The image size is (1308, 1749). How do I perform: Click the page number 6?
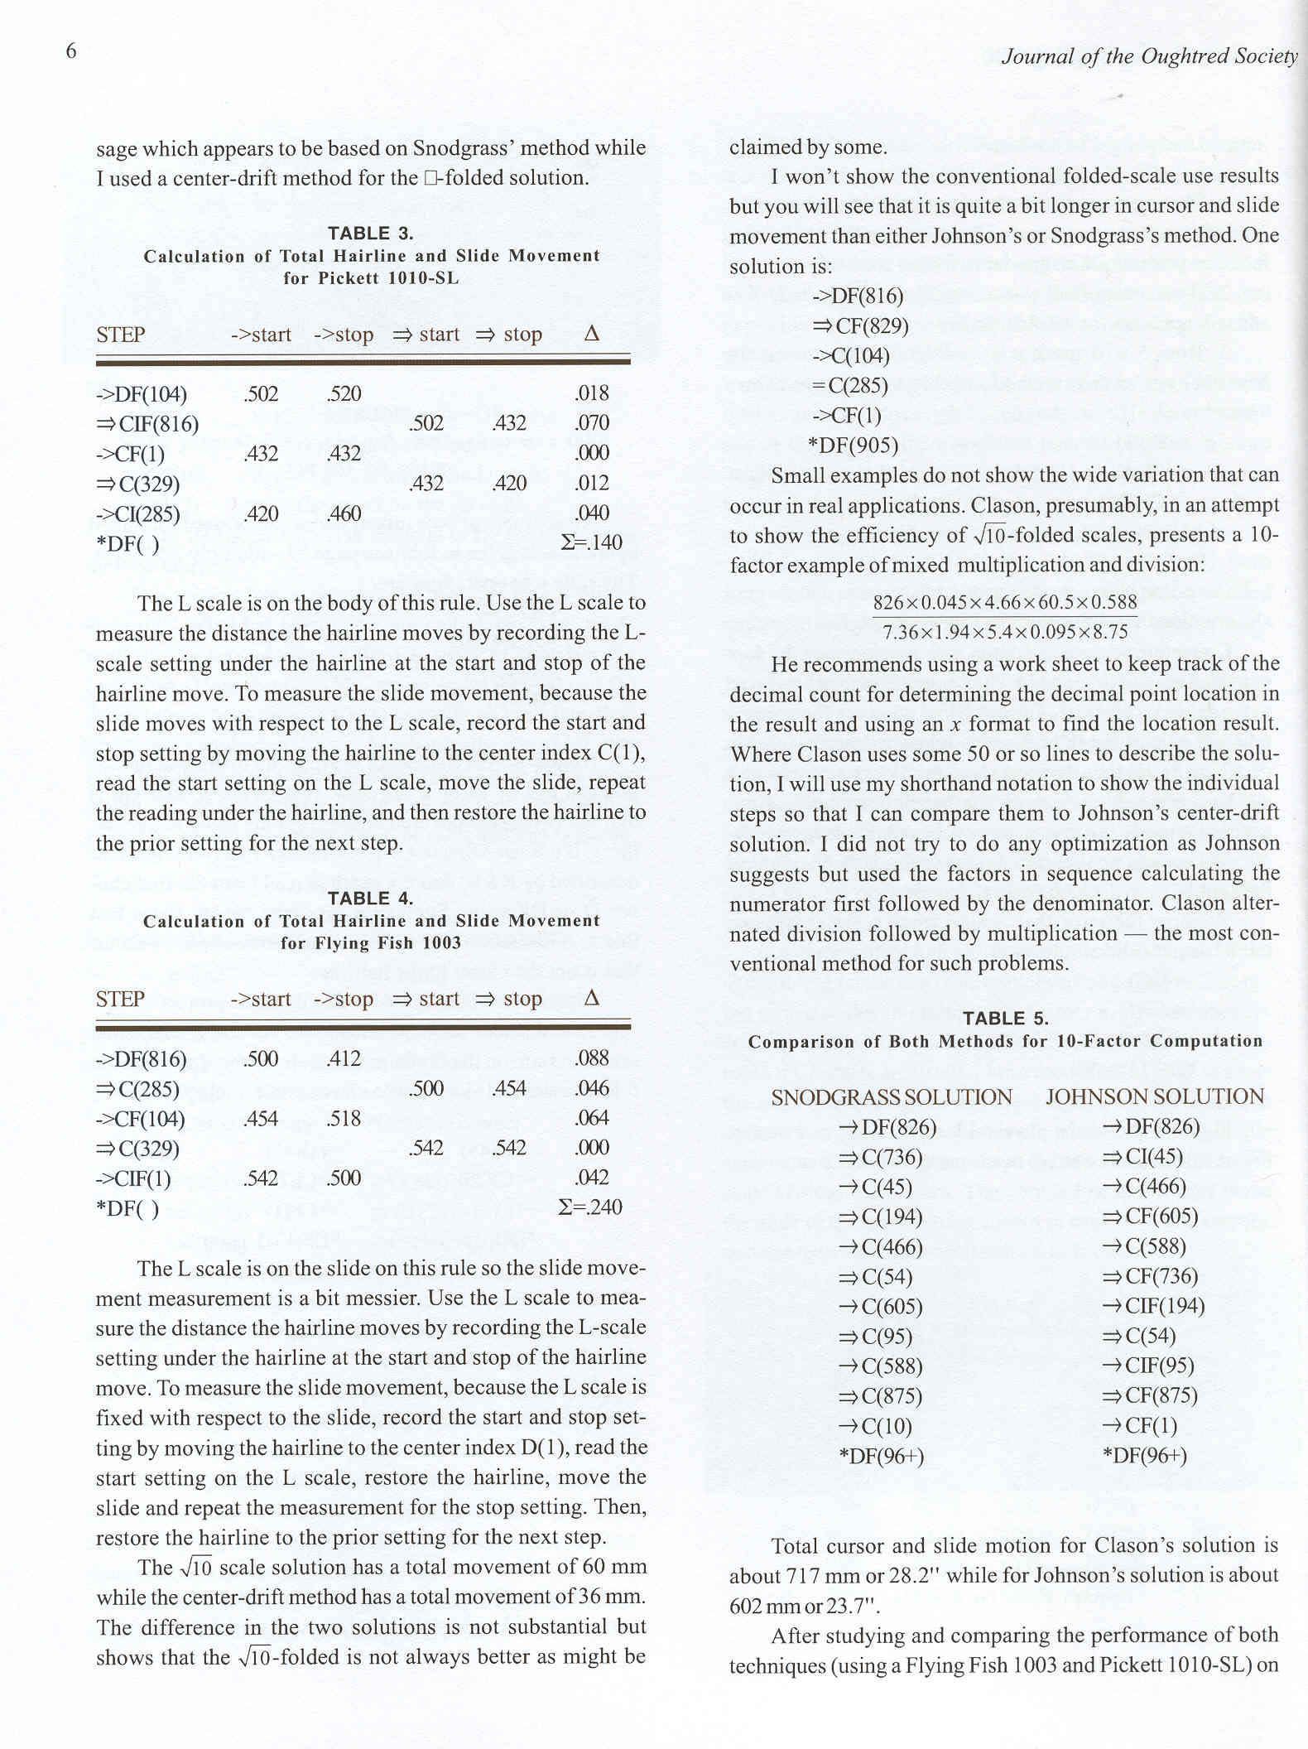coord(71,51)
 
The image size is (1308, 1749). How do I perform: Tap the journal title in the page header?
coord(1149,56)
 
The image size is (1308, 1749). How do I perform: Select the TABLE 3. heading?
coord(370,234)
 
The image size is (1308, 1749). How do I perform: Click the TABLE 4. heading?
coord(370,899)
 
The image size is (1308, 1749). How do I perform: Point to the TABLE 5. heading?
coord(1005,1019)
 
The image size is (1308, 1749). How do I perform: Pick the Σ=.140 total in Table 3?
coord(591,543)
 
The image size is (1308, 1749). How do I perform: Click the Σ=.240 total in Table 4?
coord(590,1207)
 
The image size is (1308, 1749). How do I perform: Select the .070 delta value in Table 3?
coord(591,423)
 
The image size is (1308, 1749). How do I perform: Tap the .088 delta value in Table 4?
coord(591,1058)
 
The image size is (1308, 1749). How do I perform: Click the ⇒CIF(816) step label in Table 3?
coord(147,425)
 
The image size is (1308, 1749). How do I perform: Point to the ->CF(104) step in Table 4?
coord(141,1119)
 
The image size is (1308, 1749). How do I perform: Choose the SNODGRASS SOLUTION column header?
coord(892,1098)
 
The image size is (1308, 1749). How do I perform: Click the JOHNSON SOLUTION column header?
coord(1155,1097)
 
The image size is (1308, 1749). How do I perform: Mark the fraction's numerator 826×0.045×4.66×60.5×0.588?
coord(1005,602)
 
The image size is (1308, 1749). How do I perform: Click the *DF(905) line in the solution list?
coord(854,446)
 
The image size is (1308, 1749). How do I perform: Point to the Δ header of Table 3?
coord(591,334)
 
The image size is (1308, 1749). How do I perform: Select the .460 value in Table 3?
coord(344,513)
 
